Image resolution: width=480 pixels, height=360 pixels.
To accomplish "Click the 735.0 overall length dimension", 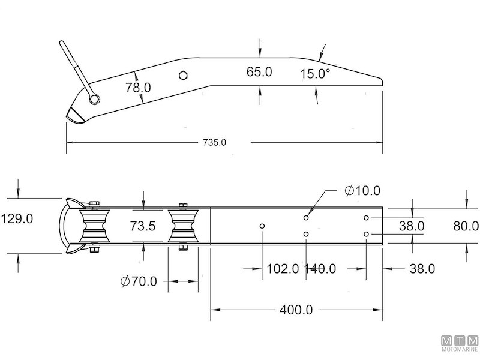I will [x=215, y=143].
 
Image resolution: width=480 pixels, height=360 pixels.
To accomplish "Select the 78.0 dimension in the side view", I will [x=138, y=88].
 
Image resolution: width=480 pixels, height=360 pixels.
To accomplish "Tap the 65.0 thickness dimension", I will [x=259, y=72].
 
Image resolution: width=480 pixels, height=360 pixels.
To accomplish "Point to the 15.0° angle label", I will [x=316, y=74].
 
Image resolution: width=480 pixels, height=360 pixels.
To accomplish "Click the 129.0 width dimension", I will [x=16, y=219].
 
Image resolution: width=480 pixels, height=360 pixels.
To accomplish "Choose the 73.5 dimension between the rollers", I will [x=144, y=226].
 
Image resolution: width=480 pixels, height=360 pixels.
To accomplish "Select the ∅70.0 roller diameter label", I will [x=139, y=280].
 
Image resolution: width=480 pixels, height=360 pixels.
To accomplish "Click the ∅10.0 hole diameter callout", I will [x=362, y=191].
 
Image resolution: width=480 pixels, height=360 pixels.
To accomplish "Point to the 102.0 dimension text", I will [x=282, y=269].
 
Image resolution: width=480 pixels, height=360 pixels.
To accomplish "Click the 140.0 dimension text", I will [x=320, y=269].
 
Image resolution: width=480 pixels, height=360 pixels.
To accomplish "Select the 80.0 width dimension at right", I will [x=466, y=226].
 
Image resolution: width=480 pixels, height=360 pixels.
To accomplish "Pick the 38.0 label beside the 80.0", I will [x=412, y=226].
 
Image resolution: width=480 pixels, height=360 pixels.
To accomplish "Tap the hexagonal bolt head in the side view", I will [x=184, y=75].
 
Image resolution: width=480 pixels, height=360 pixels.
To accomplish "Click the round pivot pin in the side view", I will [x=93, y=98].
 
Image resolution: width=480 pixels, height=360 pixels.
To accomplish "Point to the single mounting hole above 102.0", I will [x=262, y=226].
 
